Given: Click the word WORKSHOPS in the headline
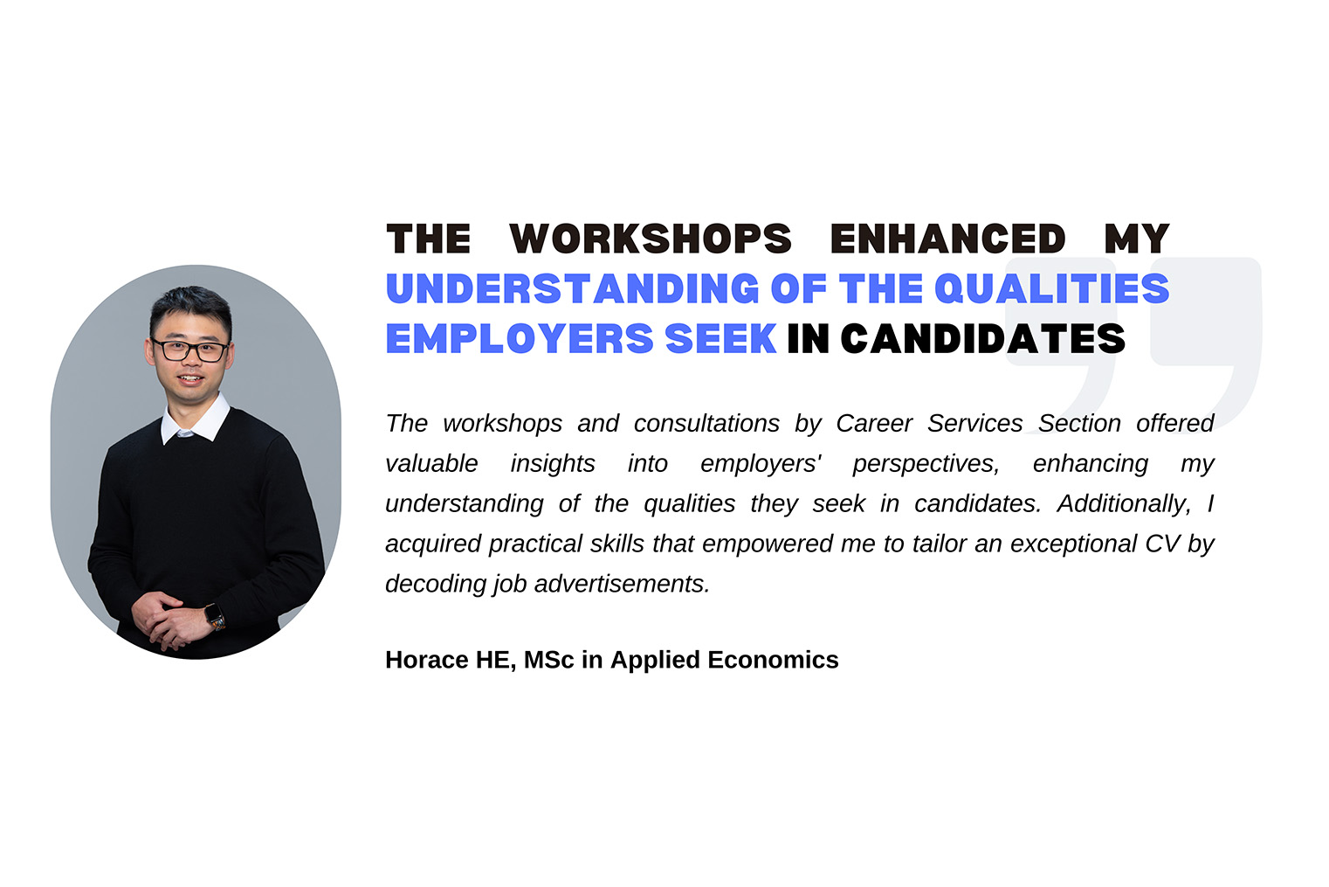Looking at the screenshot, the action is click(x=651, y=239).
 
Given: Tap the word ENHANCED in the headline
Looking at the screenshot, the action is click(x=947, y=239).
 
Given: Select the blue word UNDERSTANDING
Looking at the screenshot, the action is click(x=573, y=288).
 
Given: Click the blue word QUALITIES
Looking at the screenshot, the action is click(x=1051, y=288).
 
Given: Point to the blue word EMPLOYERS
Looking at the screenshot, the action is click(x=520, y=338).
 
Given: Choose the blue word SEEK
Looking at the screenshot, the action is click(x=721, y=338).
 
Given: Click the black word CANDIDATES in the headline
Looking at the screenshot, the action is click(x=982, y=338).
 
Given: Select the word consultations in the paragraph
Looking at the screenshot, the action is click(x=706, y=423).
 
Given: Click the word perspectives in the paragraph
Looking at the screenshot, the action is click(x=926, y=464).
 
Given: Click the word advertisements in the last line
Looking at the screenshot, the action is click(x=622, y=585).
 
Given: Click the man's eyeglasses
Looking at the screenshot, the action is click(x=189, y=350).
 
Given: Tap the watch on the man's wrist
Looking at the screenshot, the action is click(x=216, y=616).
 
